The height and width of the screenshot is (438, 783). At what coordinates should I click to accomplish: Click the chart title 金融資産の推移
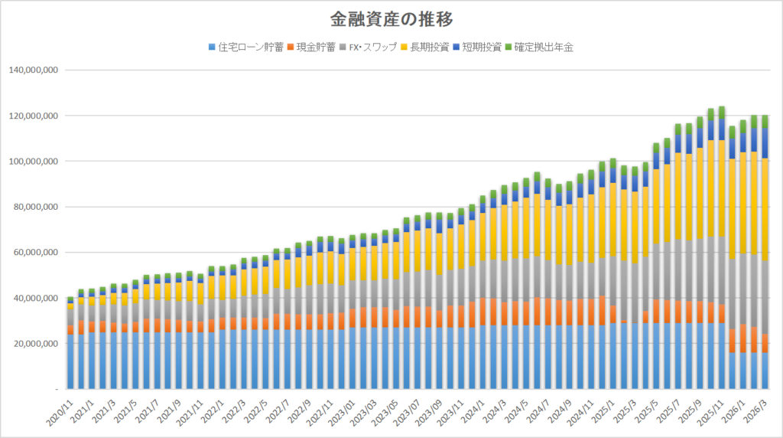coord(391,18)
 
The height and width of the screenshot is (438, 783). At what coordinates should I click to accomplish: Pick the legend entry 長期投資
coord(428,47)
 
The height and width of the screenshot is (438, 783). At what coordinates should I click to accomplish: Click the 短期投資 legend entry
coord(480,47)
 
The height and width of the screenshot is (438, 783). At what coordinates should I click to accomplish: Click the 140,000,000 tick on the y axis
coord(32,70)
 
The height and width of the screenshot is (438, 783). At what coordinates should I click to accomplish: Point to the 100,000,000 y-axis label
coord(32,162)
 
